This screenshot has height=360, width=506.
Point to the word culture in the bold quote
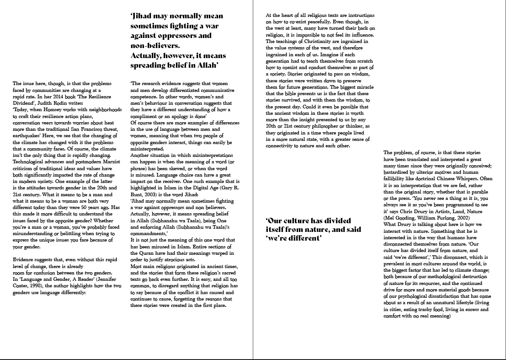click(x=297, y=221)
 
